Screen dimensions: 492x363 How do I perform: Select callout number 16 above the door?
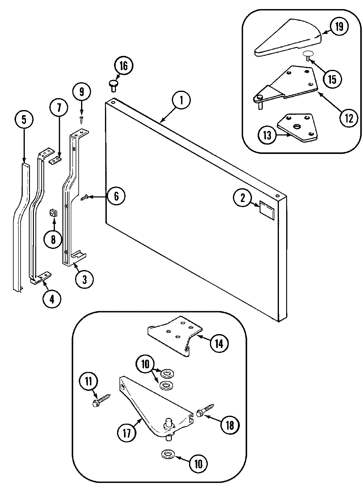coord(123,66)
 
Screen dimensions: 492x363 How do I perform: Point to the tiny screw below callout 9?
coord(81,119)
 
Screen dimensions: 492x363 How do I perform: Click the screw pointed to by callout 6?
coord(84,197)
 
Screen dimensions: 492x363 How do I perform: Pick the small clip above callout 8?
coord(53,213)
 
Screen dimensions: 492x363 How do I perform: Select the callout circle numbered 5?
coord(24,120)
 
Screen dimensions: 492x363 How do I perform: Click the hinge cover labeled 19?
coord(287,37)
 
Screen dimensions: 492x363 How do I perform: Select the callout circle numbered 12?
coord(348,118)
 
